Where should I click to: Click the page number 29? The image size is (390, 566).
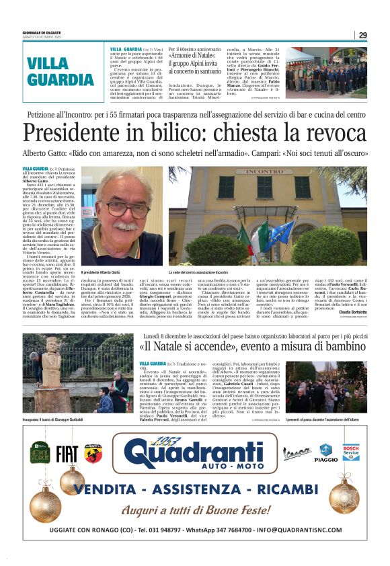click(362, 35)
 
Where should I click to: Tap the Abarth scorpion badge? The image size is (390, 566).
click(93, 454)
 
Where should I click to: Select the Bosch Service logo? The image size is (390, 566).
click(350, 453)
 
